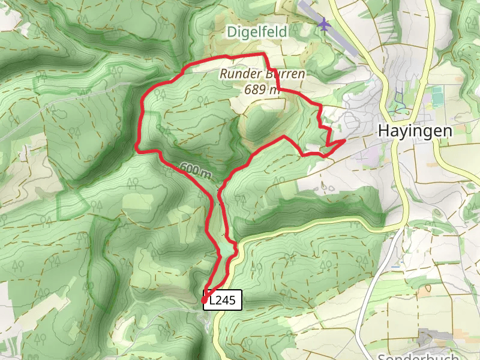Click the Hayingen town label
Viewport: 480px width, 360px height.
[414, 131]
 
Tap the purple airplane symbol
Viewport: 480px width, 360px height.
[325, 25]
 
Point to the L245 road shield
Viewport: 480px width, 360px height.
[223, 300]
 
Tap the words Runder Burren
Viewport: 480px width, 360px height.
[262, 75]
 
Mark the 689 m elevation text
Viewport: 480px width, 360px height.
[261, 89]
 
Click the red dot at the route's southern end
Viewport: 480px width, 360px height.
[205, 300]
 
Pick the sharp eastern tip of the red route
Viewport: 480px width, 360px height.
[344, 141]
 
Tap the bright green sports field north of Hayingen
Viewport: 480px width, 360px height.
[437, 94]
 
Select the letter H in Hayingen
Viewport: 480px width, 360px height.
[383, 131]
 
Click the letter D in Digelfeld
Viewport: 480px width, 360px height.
[231, 32]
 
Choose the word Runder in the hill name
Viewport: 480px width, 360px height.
[238, 75]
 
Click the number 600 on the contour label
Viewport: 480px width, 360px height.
[188, 169]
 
